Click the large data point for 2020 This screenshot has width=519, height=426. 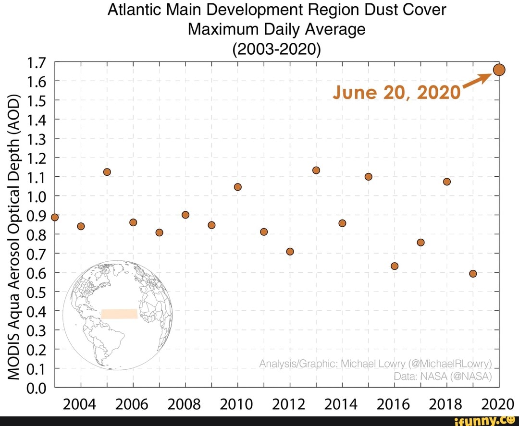pos(499,70)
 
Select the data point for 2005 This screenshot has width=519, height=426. pos(107,172)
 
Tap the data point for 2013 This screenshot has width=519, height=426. pos(316,170)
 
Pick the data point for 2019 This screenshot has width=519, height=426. pos(473,273)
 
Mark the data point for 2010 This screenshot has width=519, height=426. pos(237,187)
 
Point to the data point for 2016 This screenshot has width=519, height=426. pos(395,266)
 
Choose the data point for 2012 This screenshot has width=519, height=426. pos(290,251)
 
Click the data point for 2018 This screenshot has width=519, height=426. pos(447,182)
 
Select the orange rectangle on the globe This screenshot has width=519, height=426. pos(119,314)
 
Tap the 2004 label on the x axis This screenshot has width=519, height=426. pos(81,404)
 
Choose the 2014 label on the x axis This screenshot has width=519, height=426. pos(342,404)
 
